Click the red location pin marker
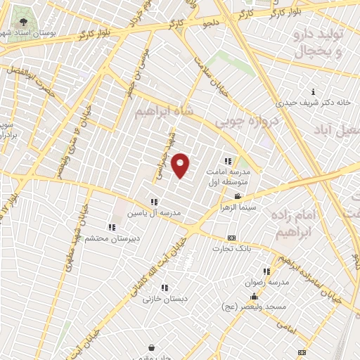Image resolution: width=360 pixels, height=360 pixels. tap(181, 165)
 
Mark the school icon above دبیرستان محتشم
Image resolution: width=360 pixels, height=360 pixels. tap(111, 226)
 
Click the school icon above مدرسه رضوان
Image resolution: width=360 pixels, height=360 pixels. tap(266, 271)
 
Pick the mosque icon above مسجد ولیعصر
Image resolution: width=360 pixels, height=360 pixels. tap(254, 297)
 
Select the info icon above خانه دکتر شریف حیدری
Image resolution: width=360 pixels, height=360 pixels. tap(313, 92)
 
